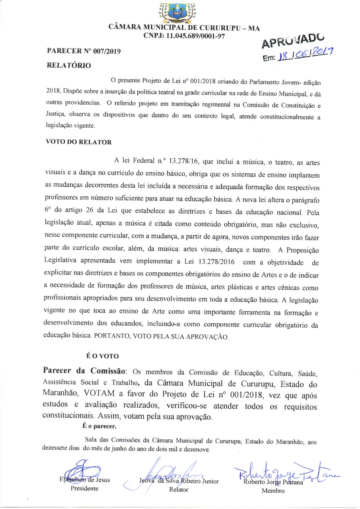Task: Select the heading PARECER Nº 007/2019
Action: [x=84, y=51]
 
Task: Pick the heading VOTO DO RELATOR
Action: [x=79, y=142]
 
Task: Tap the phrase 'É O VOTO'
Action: [x=103, y=356]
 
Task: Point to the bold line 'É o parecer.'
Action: [x=99, y=427]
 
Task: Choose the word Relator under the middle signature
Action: [x=179, y=490]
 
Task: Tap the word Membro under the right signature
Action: [x=272, y=491]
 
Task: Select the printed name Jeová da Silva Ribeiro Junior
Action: [x=179, y=481]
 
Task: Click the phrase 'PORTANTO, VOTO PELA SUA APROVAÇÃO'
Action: [x=162, y=336]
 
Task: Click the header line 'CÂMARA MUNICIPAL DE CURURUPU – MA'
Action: [x=184, y=28]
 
